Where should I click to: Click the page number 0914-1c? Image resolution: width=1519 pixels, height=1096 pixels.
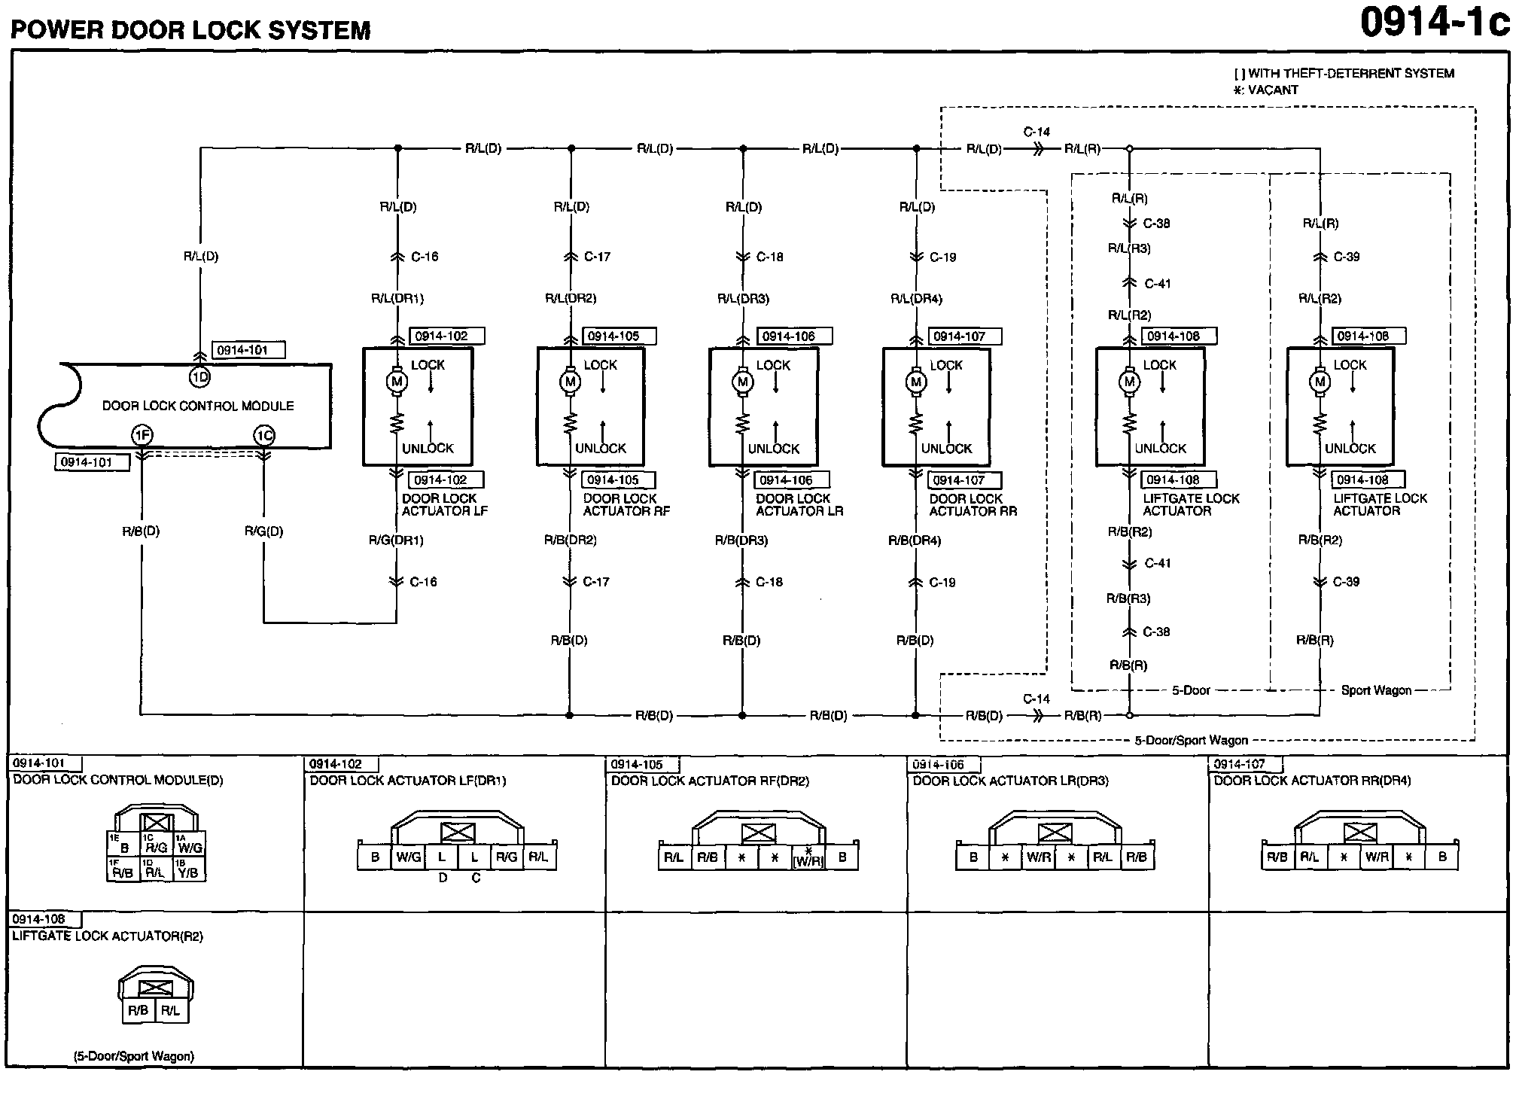click(x=1434, y=23)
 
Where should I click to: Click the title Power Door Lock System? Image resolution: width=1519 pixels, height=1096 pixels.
click(x=190, y=30)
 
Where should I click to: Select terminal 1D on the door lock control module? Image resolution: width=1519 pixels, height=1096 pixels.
click(x=199, y=376)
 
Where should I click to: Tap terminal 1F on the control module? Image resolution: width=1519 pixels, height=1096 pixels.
click(x=141, y=435)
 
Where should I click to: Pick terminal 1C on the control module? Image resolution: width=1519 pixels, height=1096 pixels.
click(x=263, y=435)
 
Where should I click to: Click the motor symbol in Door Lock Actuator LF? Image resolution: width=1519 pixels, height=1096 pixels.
click(x=397, y=382)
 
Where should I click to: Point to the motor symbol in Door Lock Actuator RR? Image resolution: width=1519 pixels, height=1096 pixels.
click(x=916, y=382)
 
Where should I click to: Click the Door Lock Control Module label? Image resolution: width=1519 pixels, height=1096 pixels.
click(x=198, y=406)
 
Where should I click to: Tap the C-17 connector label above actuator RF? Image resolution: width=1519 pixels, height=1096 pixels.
click(x=597, y=257)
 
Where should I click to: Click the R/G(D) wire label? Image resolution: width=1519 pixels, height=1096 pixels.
click(x=263, y=531)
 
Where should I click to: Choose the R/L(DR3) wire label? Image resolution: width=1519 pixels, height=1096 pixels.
click(x=743, y=299)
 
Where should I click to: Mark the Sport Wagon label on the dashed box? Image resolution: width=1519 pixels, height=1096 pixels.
click(x=1376, y=690)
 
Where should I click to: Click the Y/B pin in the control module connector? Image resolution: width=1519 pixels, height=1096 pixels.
click(x=189, y=872)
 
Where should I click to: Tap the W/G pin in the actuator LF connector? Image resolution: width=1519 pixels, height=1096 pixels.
click(x=408, y=857)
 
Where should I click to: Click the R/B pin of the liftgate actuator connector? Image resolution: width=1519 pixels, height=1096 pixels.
click(x=139, y=1010)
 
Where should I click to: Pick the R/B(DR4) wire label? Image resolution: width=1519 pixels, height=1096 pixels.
click(x=915, y=540)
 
